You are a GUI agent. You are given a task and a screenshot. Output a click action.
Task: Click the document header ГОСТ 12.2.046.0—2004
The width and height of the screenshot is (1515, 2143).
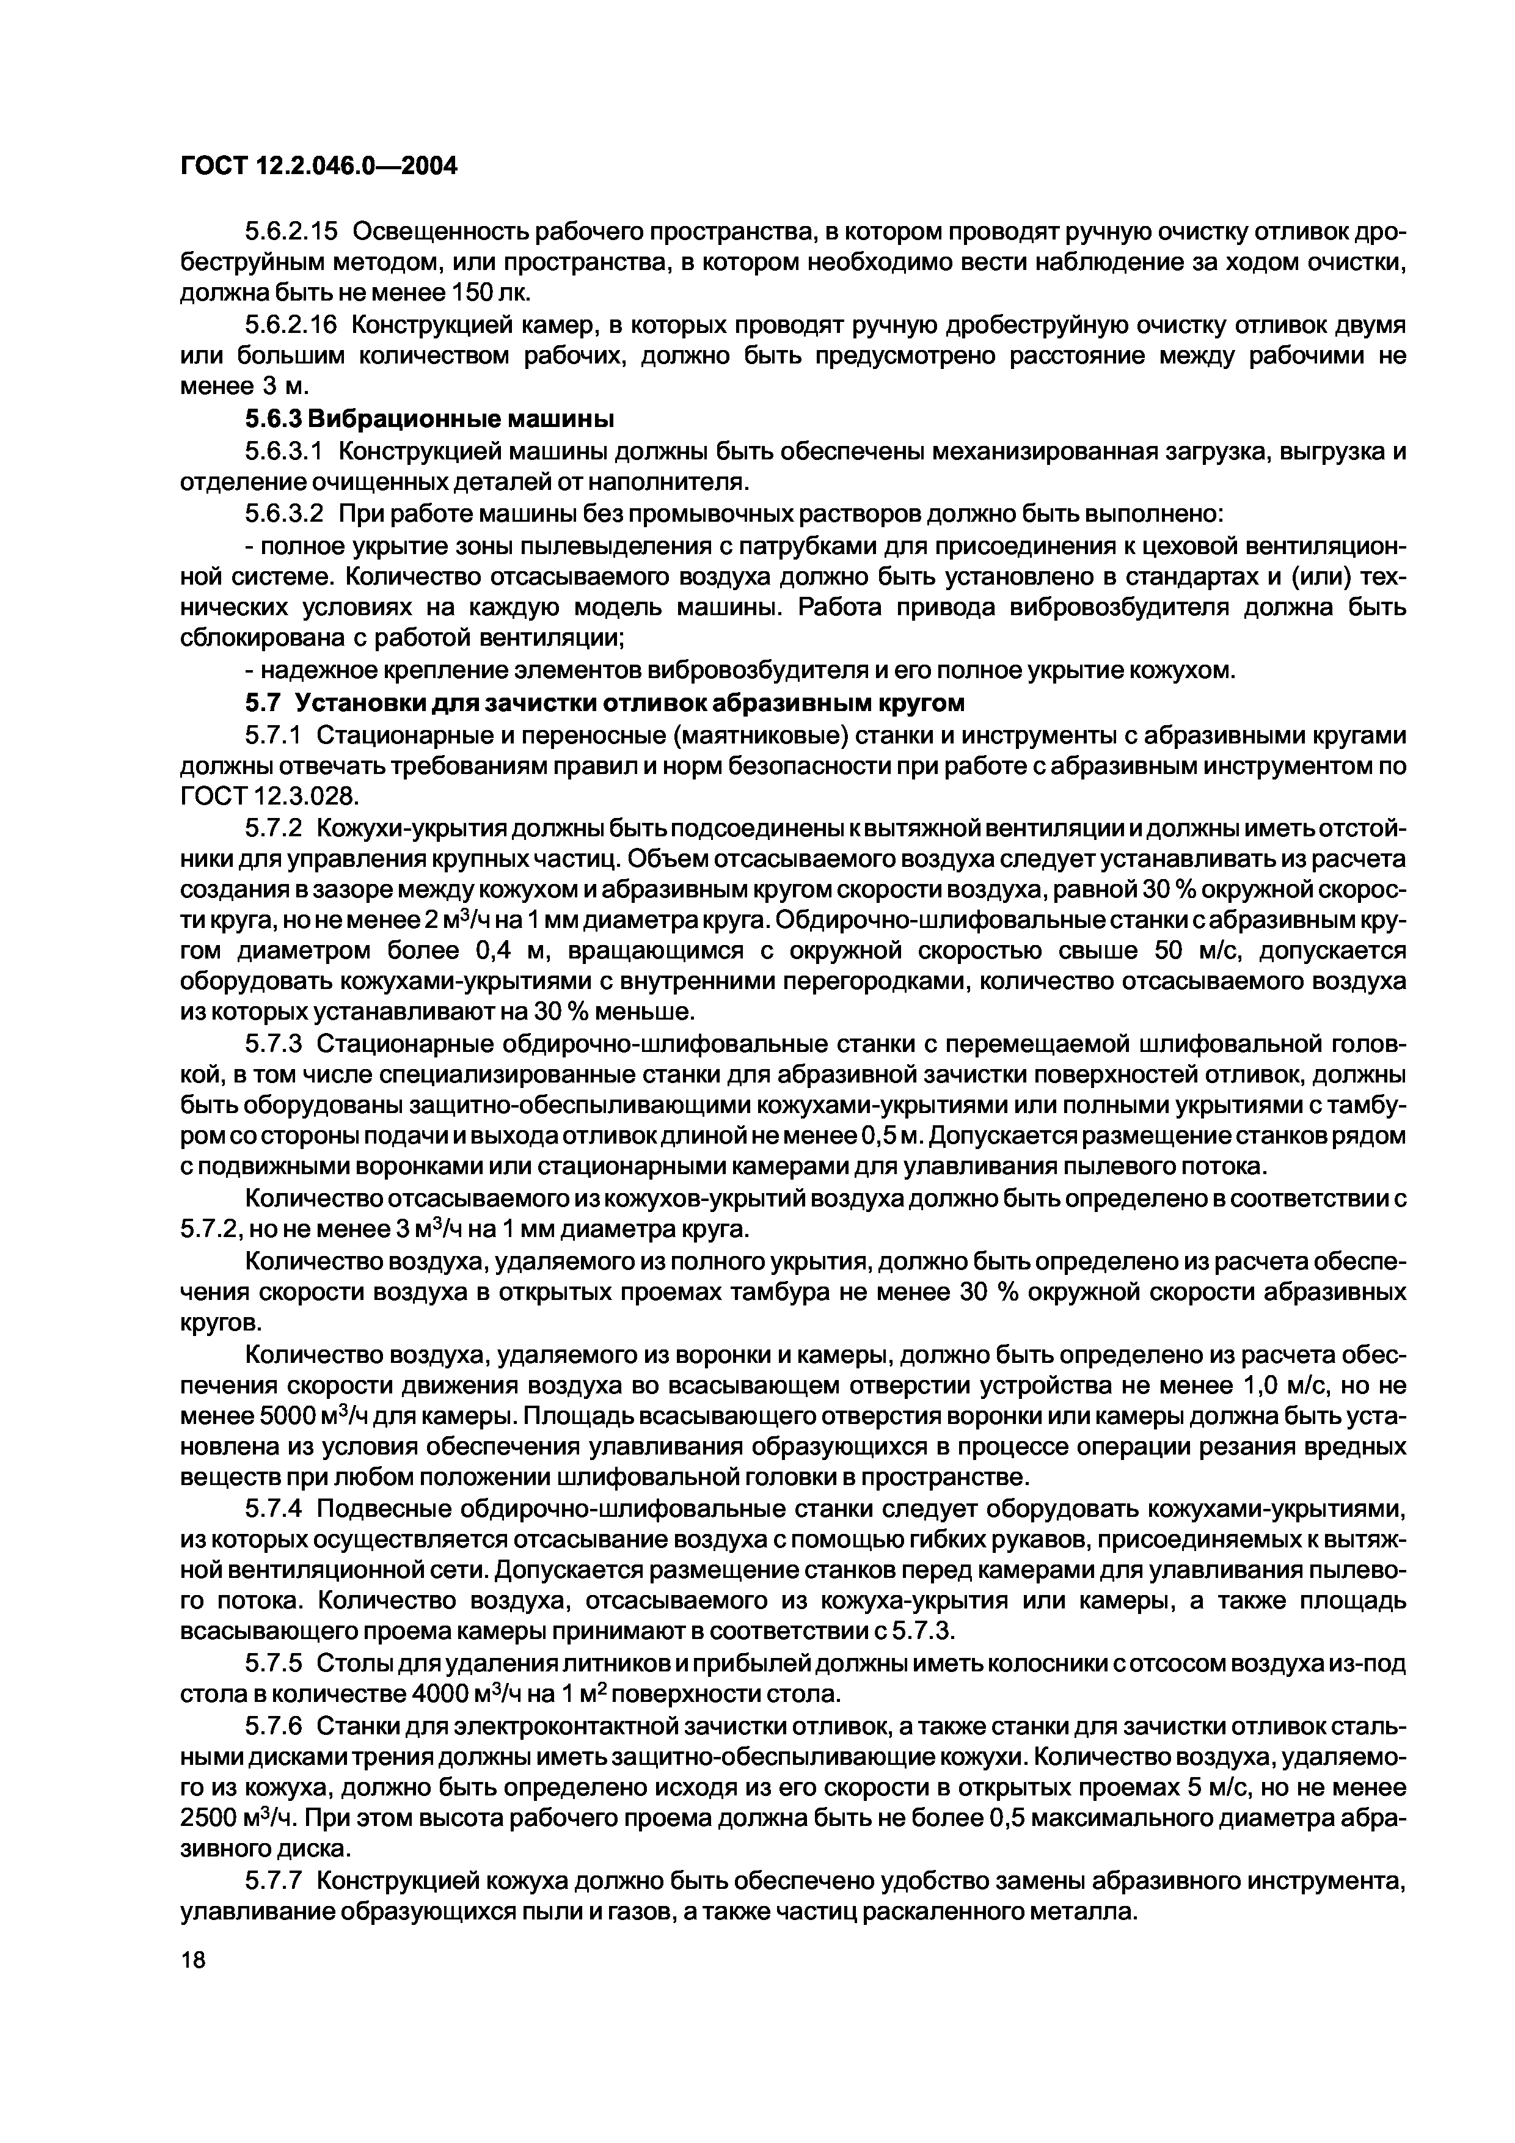318,166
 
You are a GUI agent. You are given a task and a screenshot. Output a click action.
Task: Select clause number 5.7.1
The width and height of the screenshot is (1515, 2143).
274,734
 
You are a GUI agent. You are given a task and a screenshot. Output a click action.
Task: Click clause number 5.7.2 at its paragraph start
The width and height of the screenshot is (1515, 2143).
274,828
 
